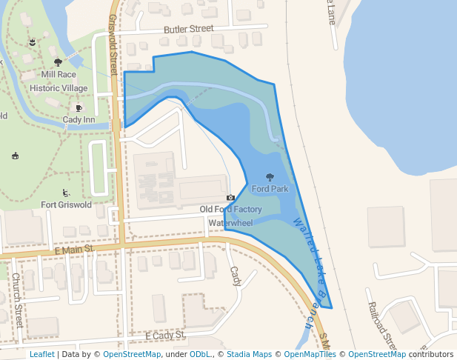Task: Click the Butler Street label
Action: coord(188,29)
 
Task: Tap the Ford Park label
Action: coord(270,189)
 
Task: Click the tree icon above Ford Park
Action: coord(269,177)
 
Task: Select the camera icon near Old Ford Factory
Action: coord(230,198)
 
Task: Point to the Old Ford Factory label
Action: coord(230,210)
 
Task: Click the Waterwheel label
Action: coord(230,222)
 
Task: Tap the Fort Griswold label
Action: coord(66,205)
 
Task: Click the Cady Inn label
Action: coord(79,119)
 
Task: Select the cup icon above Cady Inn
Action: coord(79,107)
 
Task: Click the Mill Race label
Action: coord(59,75)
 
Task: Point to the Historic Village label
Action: coord(59,88)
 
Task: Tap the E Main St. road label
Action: coord(76,250)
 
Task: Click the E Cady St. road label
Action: coord(165,336)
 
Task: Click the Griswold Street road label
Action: coord(113,44)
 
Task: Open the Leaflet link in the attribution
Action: coord(41,354)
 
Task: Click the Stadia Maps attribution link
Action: coord(249,354)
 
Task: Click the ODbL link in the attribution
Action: coord(200,354)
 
